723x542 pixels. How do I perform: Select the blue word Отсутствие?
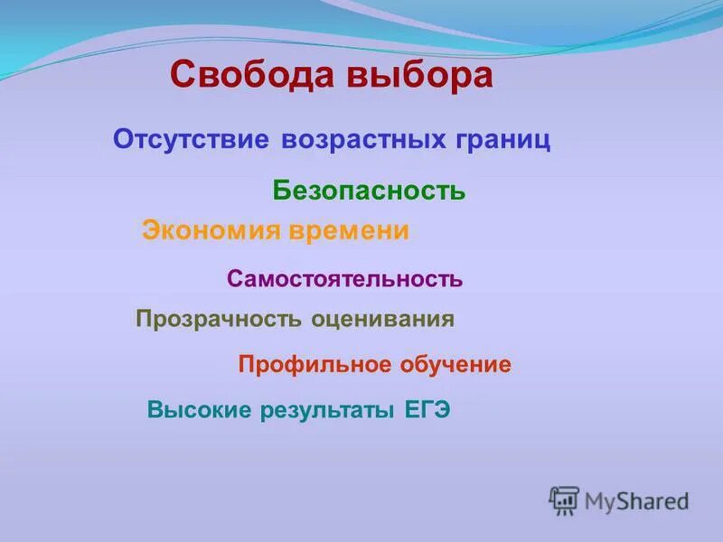click(192, 141)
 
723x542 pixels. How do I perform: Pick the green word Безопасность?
click(369, 191)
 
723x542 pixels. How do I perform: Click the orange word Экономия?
click(211, 231)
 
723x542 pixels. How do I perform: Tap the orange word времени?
click(349, 231)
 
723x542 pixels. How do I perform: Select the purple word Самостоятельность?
click(344, 279)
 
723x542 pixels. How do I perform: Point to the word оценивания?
click(382, 319)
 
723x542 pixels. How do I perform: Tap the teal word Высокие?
click(199, 411)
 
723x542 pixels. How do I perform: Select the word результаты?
click(327, 411)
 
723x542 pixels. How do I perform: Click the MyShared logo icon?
click(564, 500)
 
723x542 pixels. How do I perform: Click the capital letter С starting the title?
click(182, 75)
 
